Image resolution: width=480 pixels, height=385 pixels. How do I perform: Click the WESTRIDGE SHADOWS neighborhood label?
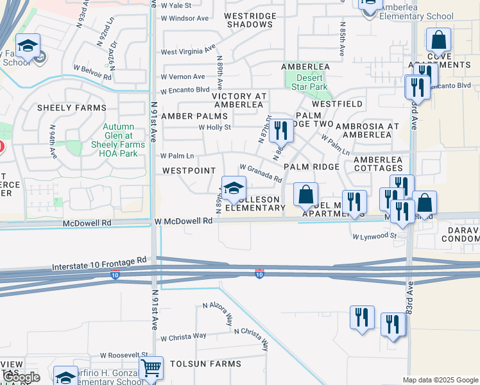point(250,20)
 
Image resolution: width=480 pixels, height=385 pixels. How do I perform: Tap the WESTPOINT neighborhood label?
point(189,171)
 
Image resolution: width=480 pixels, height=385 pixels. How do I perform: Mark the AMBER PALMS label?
point(194,116)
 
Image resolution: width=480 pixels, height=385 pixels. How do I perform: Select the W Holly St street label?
point(214,127)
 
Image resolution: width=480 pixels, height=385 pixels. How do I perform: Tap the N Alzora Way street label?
point(218,314)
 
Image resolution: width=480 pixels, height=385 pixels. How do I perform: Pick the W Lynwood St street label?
point(374,236)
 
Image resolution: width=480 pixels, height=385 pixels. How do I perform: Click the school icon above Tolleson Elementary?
point(234,189)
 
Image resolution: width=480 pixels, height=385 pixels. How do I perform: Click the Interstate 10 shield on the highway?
point(259,274)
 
